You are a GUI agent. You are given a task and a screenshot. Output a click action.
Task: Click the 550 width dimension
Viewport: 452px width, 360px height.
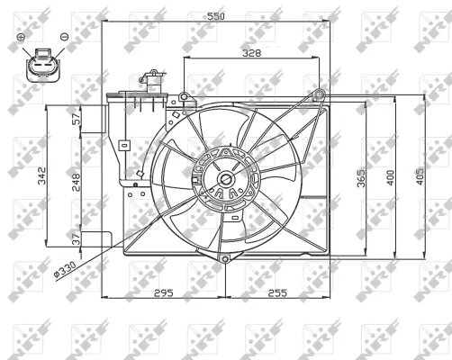click(x=213, y=16)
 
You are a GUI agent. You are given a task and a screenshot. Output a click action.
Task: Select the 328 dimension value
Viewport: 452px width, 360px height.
click(x=252, y=53)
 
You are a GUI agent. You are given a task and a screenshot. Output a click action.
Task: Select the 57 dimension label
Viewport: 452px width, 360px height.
click(x=76, y=116)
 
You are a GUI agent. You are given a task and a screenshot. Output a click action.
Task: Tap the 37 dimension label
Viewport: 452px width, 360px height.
click(x=76, y=238)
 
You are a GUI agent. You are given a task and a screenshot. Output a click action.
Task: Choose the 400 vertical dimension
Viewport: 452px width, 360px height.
click(x=391, y=177)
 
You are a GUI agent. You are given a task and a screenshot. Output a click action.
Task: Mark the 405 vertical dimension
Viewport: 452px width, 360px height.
click(x=420, y=177)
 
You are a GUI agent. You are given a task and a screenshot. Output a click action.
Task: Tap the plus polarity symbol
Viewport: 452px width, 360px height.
click(x=22, y=37)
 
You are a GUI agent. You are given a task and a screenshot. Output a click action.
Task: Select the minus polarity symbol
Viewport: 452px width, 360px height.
click(x=64, y=37)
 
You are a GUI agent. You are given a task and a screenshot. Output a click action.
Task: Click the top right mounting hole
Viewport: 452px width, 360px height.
click(x=320, y=94)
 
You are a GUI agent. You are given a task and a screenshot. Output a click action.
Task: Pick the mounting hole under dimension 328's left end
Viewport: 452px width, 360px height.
click(x=184, y=96)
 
